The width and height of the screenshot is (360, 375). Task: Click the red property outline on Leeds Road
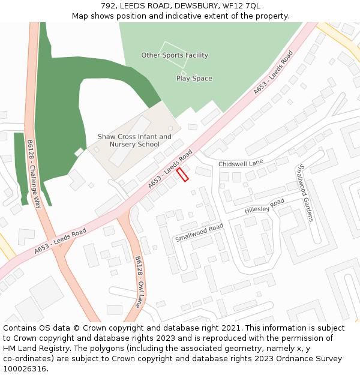[182, 174]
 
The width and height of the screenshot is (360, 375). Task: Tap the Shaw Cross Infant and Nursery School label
[134, 140]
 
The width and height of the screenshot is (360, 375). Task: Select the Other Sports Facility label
[175, 55]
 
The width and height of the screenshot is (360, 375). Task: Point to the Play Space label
[194, 79]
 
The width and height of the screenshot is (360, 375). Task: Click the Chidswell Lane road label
[241, 163]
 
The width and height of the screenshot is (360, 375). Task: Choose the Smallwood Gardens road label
[305, 193]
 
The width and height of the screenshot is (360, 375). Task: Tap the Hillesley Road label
[265, 206]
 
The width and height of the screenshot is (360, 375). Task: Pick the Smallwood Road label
[199, 232]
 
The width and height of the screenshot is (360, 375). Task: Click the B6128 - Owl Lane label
[140, 280]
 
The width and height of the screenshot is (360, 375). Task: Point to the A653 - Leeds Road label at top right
[274, 73]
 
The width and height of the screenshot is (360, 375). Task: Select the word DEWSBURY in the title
[196, 5]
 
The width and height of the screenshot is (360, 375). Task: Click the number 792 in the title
[109, 5]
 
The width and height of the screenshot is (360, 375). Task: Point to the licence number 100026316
[25, 368]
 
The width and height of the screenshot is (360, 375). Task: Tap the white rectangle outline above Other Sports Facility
[175, 47]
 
